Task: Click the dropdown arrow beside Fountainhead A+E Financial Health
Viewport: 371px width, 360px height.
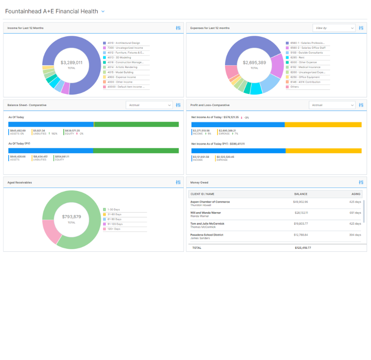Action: tap(103, 12)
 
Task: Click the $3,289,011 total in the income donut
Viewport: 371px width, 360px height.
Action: tap(72, 63)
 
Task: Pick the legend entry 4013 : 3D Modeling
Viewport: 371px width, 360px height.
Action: tap(119, 57)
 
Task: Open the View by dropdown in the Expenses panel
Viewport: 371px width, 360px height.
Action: tap(333, 28)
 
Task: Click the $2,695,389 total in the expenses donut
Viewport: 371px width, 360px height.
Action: tap(254, 63)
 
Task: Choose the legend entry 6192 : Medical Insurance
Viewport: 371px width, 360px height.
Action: tap(305, 67)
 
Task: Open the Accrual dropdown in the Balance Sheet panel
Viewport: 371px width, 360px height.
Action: tap(149, 105)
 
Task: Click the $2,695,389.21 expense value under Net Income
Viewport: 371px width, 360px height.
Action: tap(227, 131)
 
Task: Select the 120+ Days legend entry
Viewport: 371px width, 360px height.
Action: tap(114, 229)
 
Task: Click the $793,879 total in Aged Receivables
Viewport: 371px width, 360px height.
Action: tap(72, 217)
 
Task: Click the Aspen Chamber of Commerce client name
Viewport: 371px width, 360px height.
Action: tap(210, 202)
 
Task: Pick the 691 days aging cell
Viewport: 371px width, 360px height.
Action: tap(355, 213)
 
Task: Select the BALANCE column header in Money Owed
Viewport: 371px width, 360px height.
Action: tap(301, 194)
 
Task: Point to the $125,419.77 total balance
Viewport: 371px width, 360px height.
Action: tap(303, 248)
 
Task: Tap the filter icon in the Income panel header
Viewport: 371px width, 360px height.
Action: tap(178, 28)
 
